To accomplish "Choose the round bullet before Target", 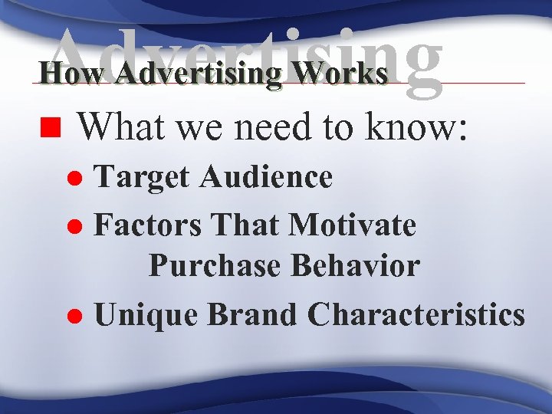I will click(x=77, y=179).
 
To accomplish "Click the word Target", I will click(x=143, y=178).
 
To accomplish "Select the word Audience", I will click(x=266, y=178).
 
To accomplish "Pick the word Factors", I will click(x=149, y=225).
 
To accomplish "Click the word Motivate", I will click(x=352, y=225).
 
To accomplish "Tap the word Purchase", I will click(x=215, y=265).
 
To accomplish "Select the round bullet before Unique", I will click(x=77, y=316).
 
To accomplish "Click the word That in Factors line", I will click(x=246, y=225).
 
